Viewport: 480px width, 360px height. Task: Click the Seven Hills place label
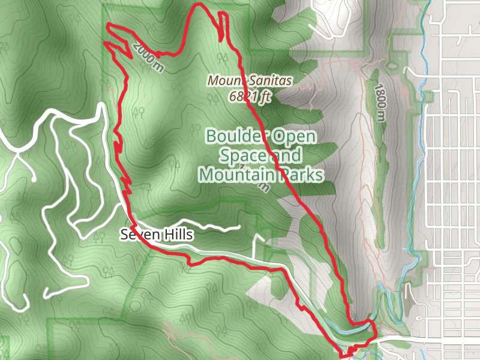(x=157, y=235)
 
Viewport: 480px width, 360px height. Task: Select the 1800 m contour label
(x=379, y=103)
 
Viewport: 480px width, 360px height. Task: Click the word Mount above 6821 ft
(x=224, y=79)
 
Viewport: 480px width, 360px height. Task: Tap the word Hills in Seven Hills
(x=178, y=235)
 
